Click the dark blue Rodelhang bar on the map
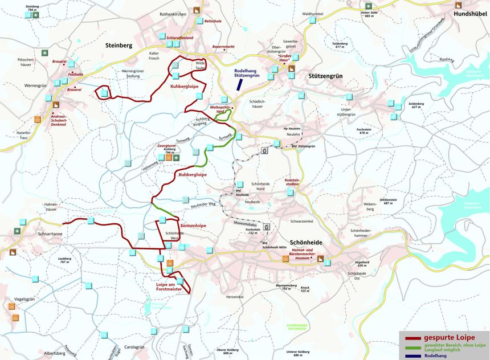pyautogui.click(x=240, y=83)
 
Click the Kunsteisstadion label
pyautogui.click(x=292, y=182)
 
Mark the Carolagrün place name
pyautogui.click(x=134, y=347)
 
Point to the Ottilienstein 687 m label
pyautogui.click(x=388, y=201)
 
